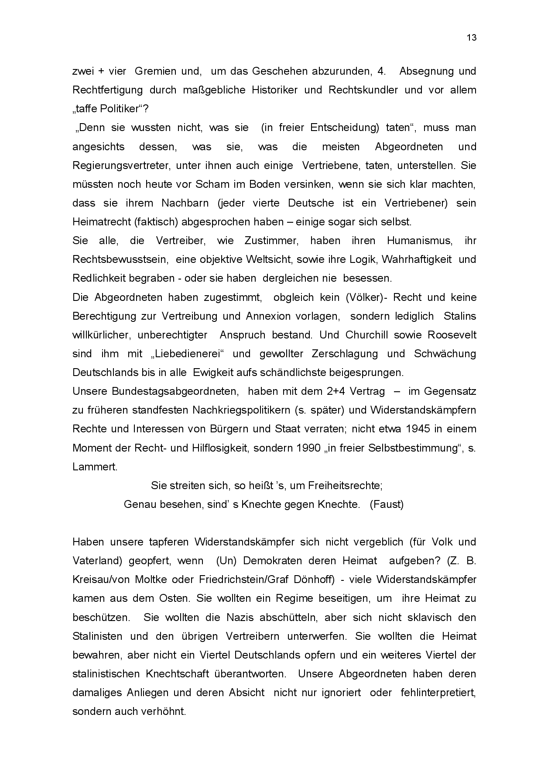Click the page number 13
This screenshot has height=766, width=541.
coord(472,38)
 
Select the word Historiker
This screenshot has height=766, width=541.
coord(275,90)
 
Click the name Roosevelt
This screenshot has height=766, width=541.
coord(452,335)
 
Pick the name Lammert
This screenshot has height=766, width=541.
coord(95,467)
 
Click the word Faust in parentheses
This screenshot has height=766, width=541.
coord(387,504)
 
